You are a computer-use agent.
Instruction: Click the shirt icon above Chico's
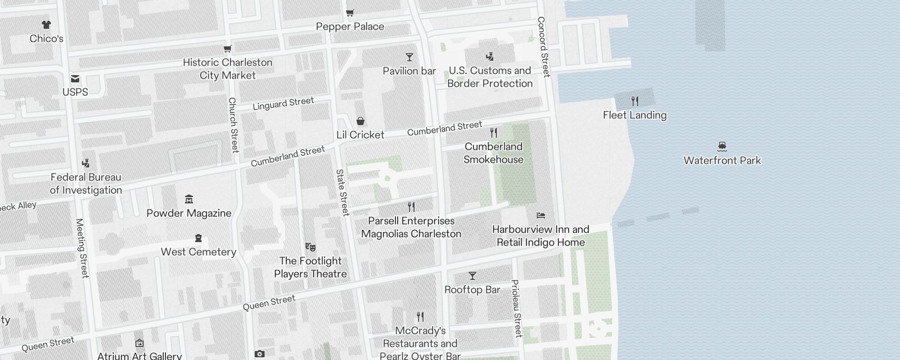[x=46, y=25]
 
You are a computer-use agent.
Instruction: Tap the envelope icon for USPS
[x=75, y=79]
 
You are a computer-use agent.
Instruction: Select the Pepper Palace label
[x=350, y=27]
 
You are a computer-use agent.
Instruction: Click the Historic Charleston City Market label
[x=228, y=69]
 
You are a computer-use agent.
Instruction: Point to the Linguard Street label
[x=283, y=103]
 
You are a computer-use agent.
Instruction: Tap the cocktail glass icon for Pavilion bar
[x=409, y=57]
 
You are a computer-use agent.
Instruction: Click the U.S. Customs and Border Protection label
[x=490, y=77]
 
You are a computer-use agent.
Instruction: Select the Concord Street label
[x=544, y=47]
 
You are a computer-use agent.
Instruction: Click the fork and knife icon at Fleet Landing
[x=635, y=101]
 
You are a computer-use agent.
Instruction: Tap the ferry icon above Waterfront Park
[x=722, y=146]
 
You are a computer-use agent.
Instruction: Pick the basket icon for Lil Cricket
[x=360, y=121]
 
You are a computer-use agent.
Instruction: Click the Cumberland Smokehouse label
[x=493, y=153]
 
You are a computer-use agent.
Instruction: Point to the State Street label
[x=342, y=192]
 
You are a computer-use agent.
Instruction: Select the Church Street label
[x=233, y=125]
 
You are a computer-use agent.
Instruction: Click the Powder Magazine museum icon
[x=189, y=199]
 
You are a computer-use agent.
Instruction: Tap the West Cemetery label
[x=198, y=252]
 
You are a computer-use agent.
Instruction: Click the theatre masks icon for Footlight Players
[x=310, y=247]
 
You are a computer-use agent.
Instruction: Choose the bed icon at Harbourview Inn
[x=541, y=216]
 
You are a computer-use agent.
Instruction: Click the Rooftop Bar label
[x=472, y=290]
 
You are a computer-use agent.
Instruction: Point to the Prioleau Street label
[x=517, y=308]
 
